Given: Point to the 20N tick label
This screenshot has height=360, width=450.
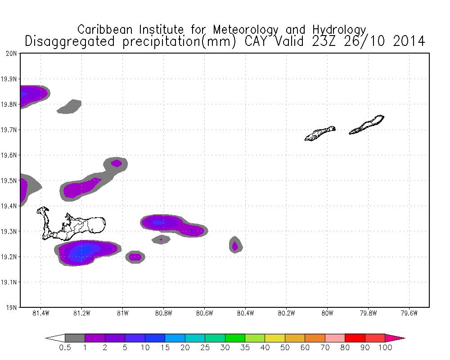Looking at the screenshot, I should (11, 54).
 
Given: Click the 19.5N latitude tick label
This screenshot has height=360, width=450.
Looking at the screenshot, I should (9, 181).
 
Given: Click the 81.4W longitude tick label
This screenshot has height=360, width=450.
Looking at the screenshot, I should (40, 314).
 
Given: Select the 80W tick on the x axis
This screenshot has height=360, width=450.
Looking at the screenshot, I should (327, 314).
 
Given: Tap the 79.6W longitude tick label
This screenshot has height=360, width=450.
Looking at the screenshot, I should (409, 314).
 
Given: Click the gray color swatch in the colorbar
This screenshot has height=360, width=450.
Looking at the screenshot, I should (75, 338).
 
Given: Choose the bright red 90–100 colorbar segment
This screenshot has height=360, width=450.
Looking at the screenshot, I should (375, 338).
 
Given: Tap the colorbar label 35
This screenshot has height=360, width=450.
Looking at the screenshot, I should (245, 347).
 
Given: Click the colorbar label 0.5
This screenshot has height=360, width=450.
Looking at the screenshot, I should (65, 347).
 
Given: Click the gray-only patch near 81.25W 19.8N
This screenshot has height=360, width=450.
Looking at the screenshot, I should (70, 107).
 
